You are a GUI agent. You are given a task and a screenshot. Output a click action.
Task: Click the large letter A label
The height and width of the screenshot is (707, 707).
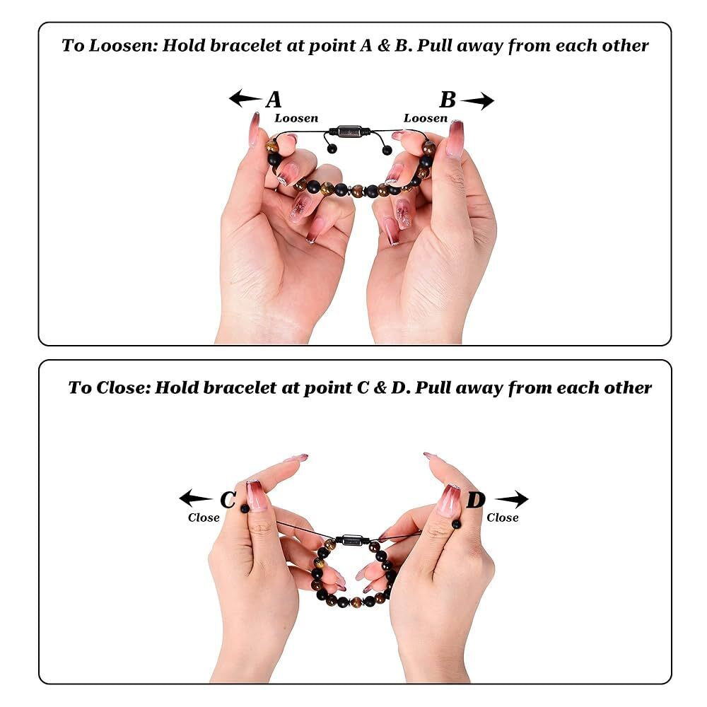click(273, 100)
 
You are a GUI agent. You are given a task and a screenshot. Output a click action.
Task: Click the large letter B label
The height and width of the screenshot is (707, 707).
click(448, 100)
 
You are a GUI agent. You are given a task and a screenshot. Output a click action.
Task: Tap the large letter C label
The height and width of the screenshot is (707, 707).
click(228, 500)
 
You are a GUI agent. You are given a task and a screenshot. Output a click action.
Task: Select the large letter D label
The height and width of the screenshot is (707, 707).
click(476, 500)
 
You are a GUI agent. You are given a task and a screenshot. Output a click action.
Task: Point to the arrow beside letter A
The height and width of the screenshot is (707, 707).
click(245, 98)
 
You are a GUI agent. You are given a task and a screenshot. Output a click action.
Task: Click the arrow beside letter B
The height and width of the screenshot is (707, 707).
click(477, 100)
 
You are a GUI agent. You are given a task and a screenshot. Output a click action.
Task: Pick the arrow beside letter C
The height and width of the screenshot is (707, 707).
click(195, 498)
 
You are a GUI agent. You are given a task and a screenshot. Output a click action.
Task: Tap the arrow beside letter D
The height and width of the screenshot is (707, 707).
click(512, 499)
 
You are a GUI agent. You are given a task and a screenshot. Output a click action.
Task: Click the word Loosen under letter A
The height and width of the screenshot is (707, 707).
click(296, 118)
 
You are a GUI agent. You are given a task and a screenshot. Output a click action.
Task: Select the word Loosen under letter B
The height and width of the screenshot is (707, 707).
click(426, 118)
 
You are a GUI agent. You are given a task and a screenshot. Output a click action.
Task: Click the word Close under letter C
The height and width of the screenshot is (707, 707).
click(204, 518)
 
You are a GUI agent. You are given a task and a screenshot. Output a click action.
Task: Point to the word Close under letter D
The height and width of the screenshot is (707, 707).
click(502, 518)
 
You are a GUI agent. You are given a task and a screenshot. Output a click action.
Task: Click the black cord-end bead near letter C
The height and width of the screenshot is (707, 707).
click(245, 508)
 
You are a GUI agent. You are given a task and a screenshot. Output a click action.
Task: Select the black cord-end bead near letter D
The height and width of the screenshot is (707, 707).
click(456, 524)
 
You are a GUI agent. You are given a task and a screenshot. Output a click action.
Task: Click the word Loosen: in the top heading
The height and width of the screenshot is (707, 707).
click(124, 45)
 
